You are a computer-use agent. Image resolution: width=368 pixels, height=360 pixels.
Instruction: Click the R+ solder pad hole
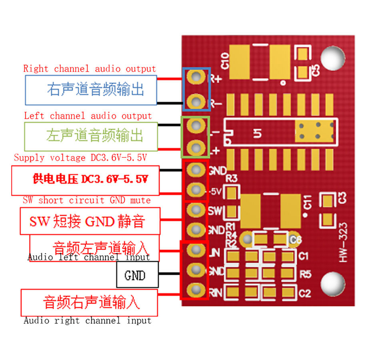pyautogui.click(x=196, y=76)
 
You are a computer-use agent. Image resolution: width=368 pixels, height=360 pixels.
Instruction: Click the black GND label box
pyautogui.click(x=137, y=275)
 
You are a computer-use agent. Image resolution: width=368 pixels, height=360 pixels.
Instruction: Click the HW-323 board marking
pyautogui.click(x=343, y=243)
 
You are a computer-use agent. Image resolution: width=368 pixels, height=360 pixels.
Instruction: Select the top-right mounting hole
pyautogui.click(x=332, y=58)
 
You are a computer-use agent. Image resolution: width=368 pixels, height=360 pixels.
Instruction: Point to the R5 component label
pyautogui.click(x=305, y=275)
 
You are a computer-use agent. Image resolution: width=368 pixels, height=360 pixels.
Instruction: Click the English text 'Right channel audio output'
pyautogui.click(x=89, y=68)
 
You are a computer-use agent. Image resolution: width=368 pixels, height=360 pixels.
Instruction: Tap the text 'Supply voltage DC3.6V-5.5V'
pyautogui.click(x=80, y=157)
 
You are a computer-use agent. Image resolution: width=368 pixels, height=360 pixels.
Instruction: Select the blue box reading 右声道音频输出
pyautogui.click(x=91, y=89)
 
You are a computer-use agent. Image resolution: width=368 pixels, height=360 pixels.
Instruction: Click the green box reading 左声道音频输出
pyautogui.click(x=91, y=135)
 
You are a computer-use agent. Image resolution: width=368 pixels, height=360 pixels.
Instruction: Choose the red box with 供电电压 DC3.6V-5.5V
pyautogui.click(x=85, y=180)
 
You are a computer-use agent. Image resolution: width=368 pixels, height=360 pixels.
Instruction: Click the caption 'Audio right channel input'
pyautogui.click(x=87, y=320)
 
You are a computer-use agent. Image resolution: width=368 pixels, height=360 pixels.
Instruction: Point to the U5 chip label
pyautogui.click(x=258, y=133)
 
